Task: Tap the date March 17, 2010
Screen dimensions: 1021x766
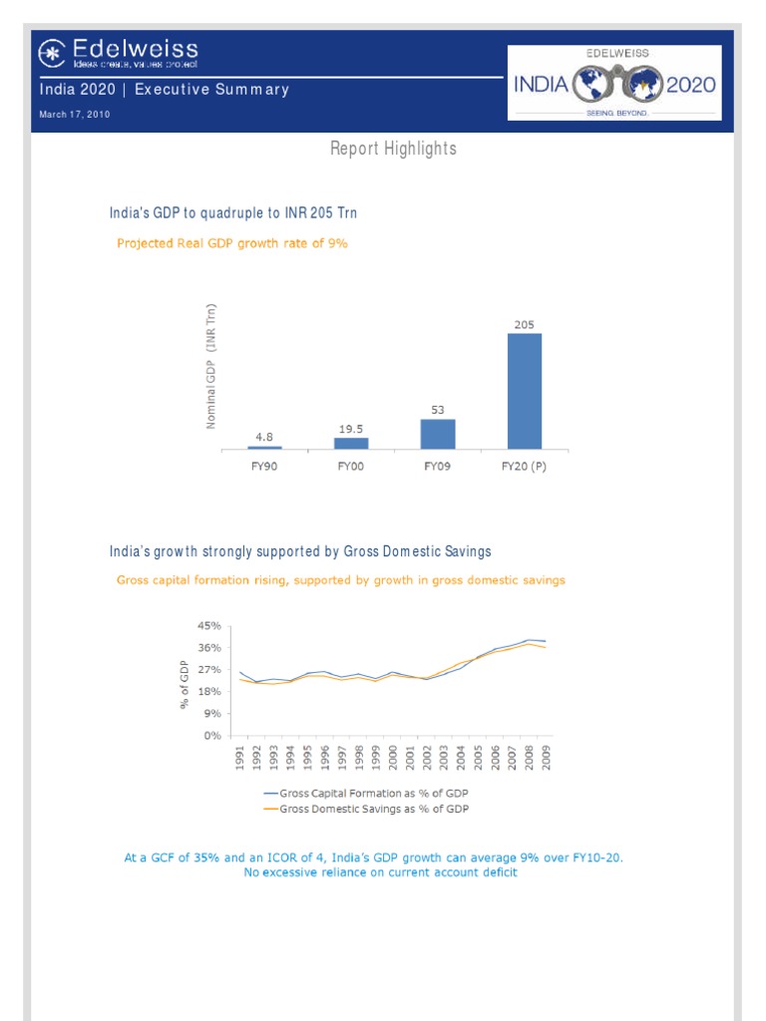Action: pyautogui.click(x=74, y=115)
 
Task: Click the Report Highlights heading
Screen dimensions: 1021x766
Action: pyautogui.click(x=393, y=149)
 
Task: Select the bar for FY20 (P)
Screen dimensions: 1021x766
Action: pyautogui.click(x=525, y=391)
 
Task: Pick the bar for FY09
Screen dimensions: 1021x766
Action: pyautogui.click(x=438, y=434)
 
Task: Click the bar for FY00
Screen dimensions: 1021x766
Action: pyautogui.click(x=351, y=443)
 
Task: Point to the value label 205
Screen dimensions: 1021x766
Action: pyautogui.click(x=525, y=324)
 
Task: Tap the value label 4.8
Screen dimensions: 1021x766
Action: pyautogui.click(x=264, y=436)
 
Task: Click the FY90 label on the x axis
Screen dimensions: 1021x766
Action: pyautogui.click(x=265, y=466)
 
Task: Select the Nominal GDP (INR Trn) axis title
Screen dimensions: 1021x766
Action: pyautogui.click(x=211, y=367)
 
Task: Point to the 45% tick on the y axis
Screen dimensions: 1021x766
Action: pyautogui.click(x=208, y=626)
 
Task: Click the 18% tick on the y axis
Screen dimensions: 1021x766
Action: pyautogui.click(x=208, y=691)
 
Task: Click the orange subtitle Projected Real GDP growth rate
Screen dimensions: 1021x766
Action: pyautogui.click(x=232, y=242)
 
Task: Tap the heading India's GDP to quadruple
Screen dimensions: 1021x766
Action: pyautogui.click(x=232, y=212)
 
